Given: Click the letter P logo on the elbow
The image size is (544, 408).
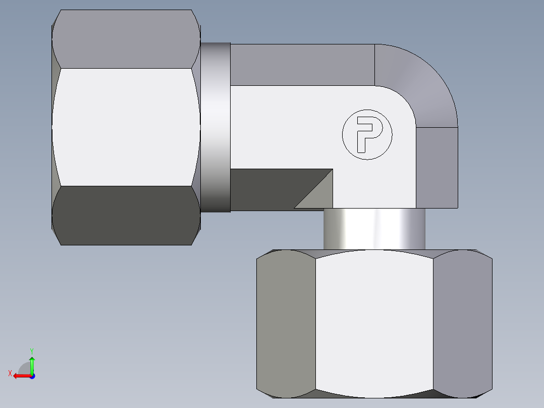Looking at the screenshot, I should pyautogui.click(x=367, y=135).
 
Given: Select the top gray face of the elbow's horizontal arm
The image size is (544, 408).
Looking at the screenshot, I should pyautogui.click(x=303, y=65).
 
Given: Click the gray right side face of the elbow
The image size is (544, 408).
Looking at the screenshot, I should pyautogui.click(x=437, y=167).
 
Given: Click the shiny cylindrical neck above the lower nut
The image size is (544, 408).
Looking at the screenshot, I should pyautogui.click(x=374, y=229).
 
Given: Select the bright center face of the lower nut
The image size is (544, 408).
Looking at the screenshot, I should pyautogui.click(x=374, y=323).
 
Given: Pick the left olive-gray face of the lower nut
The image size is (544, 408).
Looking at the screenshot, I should pyautogui.click(x=286, y=323).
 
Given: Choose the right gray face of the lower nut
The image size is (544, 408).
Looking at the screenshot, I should pyautogui.click(x=462, y=323).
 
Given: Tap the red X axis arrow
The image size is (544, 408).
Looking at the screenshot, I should pyautogui.click(x=20, y=376).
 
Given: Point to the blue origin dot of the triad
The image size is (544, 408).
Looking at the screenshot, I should pyautogui.click(x=32, y=376).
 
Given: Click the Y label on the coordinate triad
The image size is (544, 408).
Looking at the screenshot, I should pyautogui.click(x=32, y=350).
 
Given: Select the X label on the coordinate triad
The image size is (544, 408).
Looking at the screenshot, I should pyautogui.click(x=10, y=374).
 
